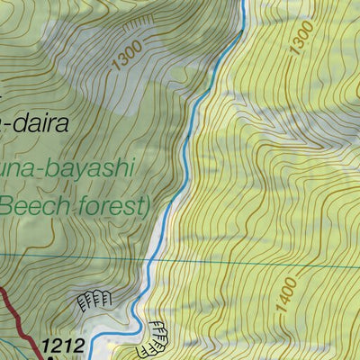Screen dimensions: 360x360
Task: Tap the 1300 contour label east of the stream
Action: tap(301, 38)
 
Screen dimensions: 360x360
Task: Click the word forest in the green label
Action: tap(107, 206)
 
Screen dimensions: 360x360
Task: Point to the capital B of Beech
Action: tap(8, 206)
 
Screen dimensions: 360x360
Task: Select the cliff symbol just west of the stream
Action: tap(95, 299)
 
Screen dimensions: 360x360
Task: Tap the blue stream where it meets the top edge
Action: tap(243, 3)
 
